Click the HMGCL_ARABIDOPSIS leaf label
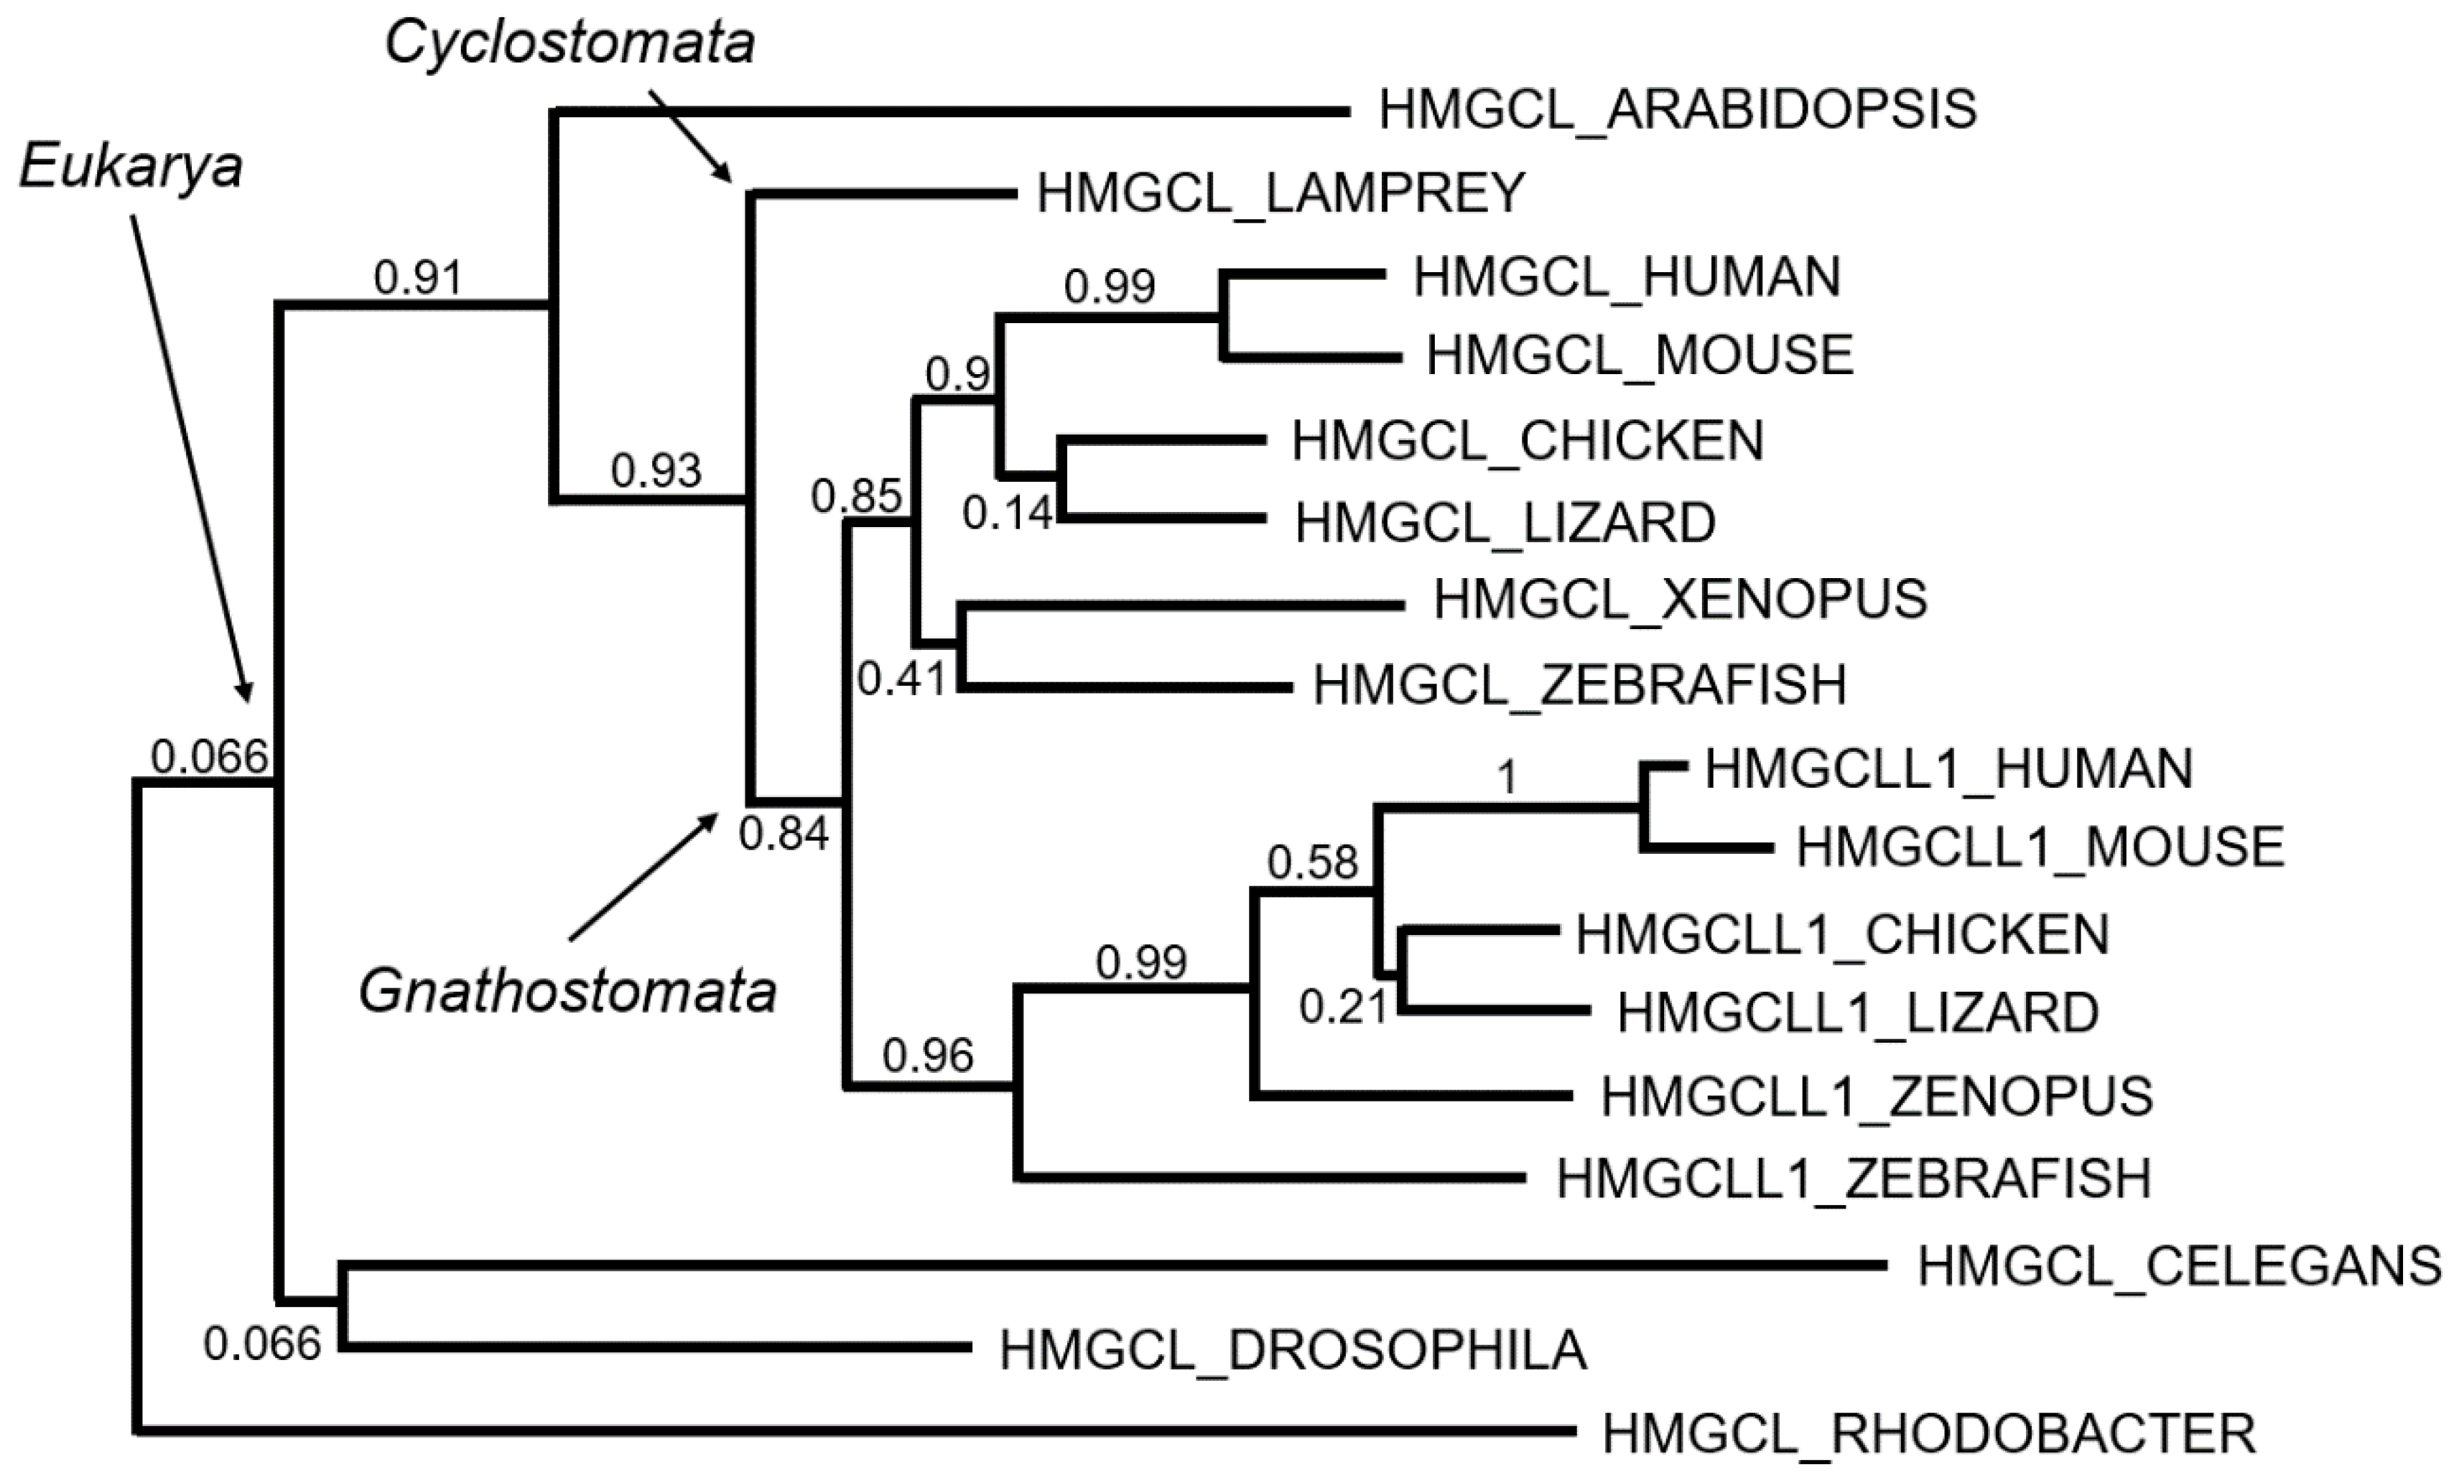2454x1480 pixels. (x=1677, y=110)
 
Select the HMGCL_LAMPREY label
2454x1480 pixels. (x=1281, y=192)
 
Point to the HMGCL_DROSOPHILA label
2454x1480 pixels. (x=1293, y=1351)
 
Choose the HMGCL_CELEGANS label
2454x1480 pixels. (x=2179, y=1266)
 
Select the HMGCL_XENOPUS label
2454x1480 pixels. (x=1680, y=600)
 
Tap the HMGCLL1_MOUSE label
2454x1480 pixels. (x=2040, y=847)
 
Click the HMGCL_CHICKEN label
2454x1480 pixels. (x=1528, y=440)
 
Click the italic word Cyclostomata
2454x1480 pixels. (x=570, y=44)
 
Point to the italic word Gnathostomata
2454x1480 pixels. (x=567, y=992)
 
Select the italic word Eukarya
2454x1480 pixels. (x=131, y=167)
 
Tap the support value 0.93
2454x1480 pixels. (x=656, y=470)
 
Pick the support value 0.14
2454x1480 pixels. (x=1007, y=513)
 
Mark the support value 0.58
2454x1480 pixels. (x=1311, y=862)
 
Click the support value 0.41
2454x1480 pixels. (x=901, y=679)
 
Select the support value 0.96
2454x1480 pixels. (x=927, y=1056)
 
